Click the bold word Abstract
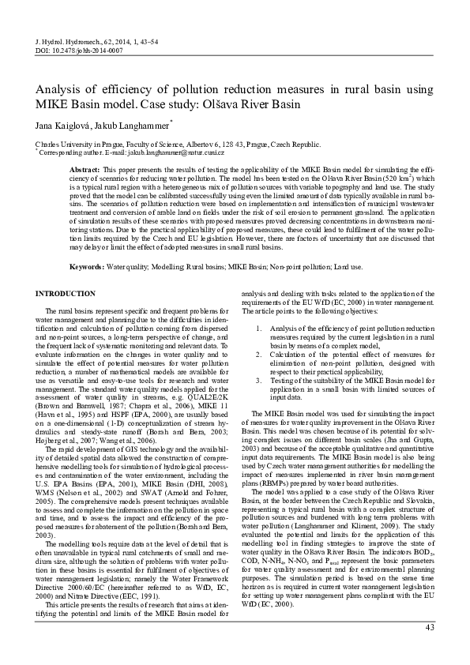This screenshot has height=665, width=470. click(85, 171)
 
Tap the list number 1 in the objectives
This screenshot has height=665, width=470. click(252, 327)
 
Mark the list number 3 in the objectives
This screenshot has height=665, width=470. click(252, 381)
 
